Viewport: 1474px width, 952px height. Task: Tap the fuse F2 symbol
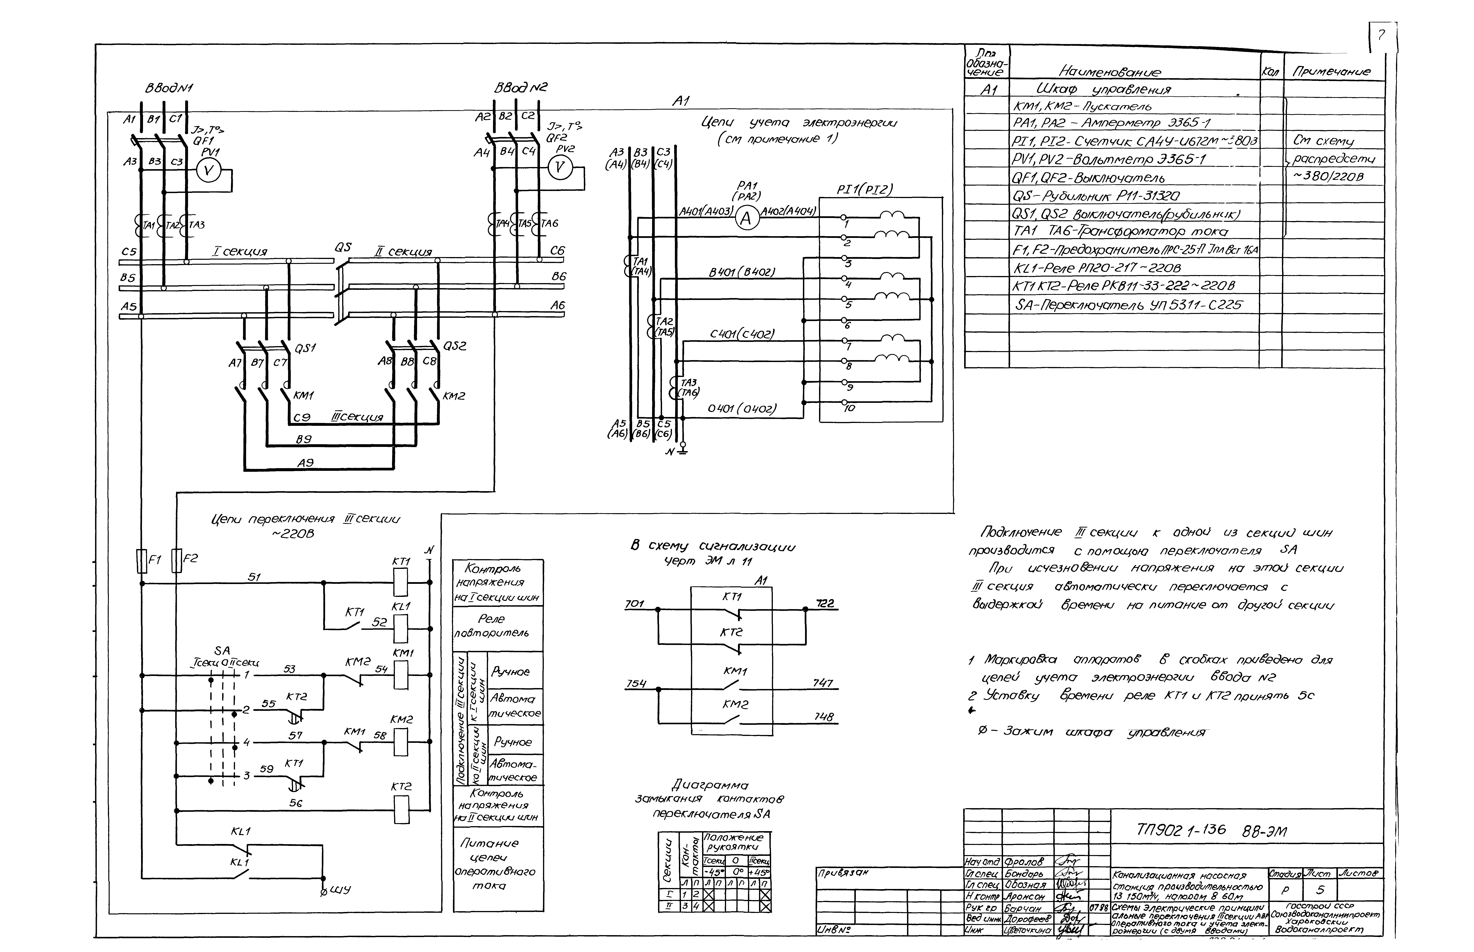coord(176,560)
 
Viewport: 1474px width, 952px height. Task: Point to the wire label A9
coord(306,462)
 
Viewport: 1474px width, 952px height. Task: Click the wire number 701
coord(635,603)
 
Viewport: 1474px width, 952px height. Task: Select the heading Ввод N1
coord(168,88)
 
